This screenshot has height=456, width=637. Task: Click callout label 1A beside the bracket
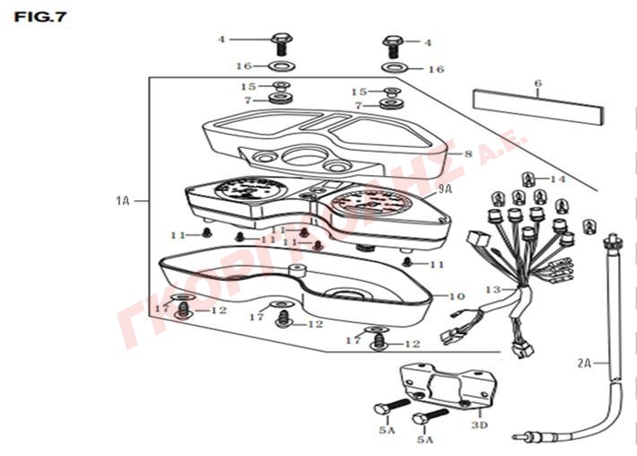pos(123,200)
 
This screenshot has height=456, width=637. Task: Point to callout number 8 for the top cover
pos(468,154)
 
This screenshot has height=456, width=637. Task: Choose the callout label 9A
pos(444,190)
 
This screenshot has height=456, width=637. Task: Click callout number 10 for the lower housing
pos(457,295)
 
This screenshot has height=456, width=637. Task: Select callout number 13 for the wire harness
pos(492,290)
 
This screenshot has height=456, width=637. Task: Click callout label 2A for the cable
pos(584,363)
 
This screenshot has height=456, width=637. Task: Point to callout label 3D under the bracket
pos(479,425)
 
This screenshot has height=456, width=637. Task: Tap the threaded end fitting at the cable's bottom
pos(529,439)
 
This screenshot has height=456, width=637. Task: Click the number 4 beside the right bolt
pos(428,42)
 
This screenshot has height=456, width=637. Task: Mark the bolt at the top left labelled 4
pos(279,41)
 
